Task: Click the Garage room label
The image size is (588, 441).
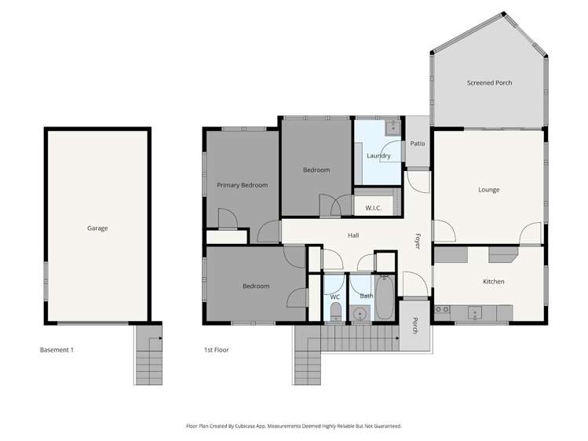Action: [97, 228]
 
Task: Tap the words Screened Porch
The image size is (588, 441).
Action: [489, 82]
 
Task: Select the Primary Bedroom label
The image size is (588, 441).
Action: [242, 185]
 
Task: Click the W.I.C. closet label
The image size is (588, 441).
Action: [374, 208]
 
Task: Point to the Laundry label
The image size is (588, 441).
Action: [378, 155]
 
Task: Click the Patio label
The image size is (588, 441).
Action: [418, 144]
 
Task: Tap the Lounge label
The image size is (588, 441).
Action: [488, 190]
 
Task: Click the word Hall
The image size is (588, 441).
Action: [354, 235]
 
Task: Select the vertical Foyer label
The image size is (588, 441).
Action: [418, 240]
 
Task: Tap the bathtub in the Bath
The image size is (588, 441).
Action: [384, 297]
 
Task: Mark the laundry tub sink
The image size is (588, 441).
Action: [392, 128]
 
